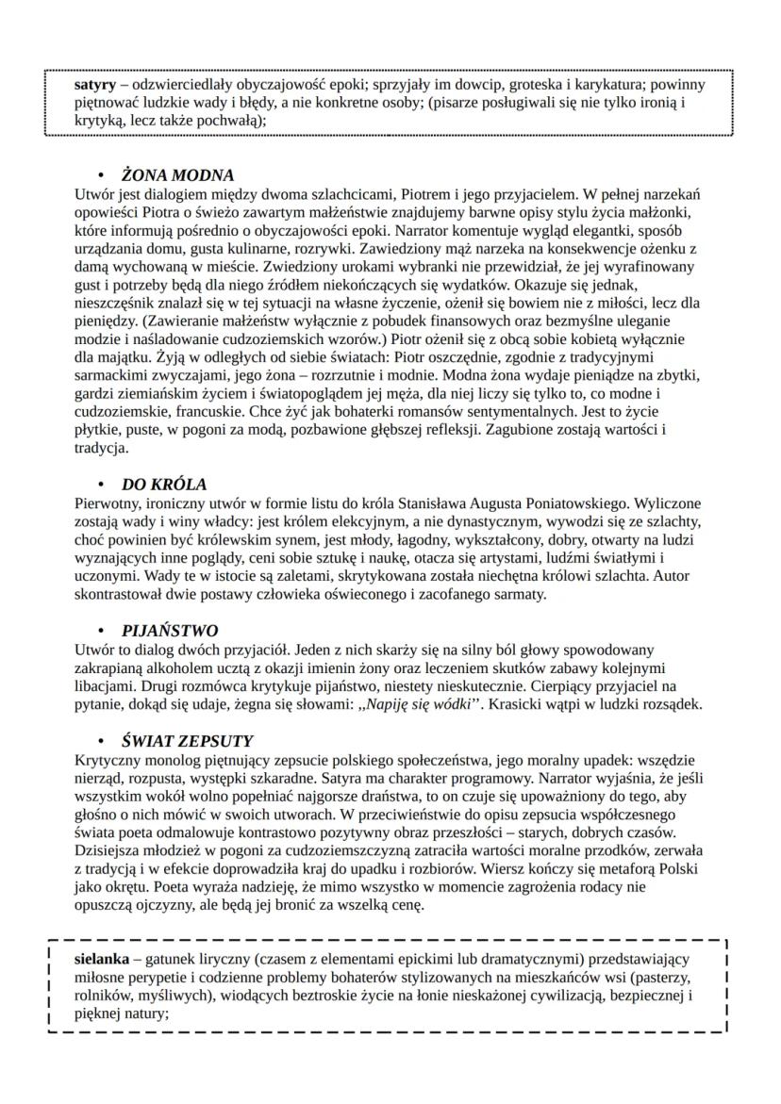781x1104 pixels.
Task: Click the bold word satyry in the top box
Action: coord(94,84)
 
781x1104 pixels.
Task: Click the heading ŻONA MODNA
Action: coord(178,175)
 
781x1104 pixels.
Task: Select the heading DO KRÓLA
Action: coord(164,485)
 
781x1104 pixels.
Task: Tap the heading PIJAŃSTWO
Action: coord(170,631)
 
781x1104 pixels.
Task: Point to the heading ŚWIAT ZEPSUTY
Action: coord(188,740)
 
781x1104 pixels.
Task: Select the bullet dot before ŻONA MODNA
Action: coord(101,176)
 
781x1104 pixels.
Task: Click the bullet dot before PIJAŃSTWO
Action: coord(101,632)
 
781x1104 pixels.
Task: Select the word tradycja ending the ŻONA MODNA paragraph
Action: coord(99,448)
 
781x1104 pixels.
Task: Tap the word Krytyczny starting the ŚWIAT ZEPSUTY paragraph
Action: coord(106,759)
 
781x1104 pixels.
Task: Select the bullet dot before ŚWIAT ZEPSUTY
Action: coord(101,741)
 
